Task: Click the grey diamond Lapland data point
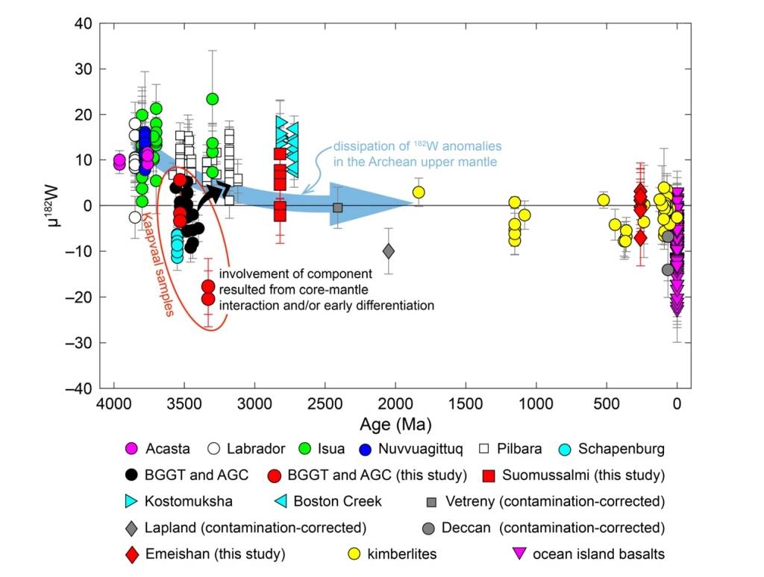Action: click(388, 251)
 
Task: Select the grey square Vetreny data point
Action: click(337, 207)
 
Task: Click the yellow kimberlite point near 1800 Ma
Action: click(419, 192)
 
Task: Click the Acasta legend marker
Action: click(132, 449)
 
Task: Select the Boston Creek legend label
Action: click(338, 501)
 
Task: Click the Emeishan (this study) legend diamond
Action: click(132, 554)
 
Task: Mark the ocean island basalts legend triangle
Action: click(522, 554)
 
